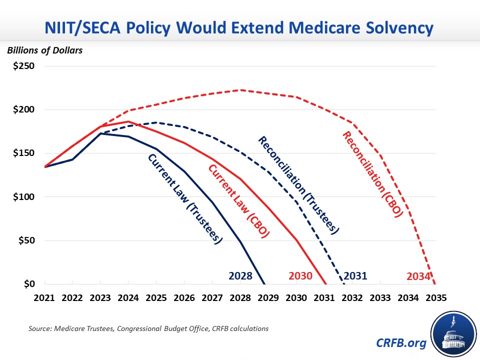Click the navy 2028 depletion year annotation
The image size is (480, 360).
pyautogui.click(x=240, y=275)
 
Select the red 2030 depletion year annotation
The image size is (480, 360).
pyautogui.click(x=300, y=276)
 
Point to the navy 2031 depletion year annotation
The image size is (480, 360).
pyautogui.click(x=355, y=275)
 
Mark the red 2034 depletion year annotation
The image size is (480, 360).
pyautogui.click(x=419, y=276)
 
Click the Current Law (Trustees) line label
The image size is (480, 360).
pyautogui.click(x=184, y=198)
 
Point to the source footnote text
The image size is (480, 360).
pyautogui.click(x=148, y=329)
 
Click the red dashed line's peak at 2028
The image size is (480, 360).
pyautogui.click(x=240, y=90)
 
